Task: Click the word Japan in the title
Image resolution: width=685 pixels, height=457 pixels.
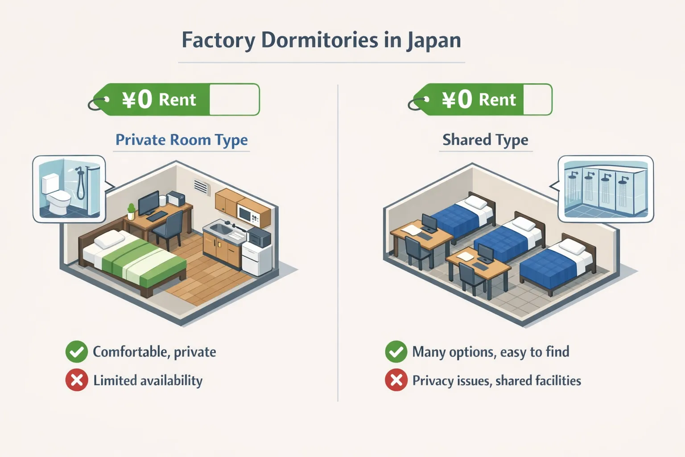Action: point(433,41)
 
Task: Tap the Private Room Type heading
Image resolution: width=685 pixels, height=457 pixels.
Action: point(182,140)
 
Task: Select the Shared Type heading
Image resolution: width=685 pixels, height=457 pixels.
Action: point(485,140)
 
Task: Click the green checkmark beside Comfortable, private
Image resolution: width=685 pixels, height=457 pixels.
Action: point(77,352)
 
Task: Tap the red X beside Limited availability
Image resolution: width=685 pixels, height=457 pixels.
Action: point(77,380)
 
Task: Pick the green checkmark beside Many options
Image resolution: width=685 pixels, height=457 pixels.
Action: point(396,352)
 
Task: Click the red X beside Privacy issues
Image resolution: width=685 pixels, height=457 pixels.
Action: point(396,380)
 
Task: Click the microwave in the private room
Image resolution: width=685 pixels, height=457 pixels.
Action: point(247,214)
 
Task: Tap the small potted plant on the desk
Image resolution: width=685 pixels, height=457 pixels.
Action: point(131,211)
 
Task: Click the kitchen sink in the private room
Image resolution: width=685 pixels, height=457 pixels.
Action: point(219,229)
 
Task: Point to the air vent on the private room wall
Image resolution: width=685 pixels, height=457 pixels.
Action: point(201,187)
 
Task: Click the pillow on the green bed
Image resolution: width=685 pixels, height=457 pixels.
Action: point(109,240)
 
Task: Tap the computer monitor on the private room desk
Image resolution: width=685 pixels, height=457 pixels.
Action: point(149,202)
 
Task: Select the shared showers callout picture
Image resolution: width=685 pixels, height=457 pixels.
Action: point(606,189)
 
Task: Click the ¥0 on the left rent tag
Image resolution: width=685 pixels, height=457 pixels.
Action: point(137,100)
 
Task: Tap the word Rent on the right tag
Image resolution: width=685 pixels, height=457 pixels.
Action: point(497,100)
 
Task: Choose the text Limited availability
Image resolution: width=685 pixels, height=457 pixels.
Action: point(148,381)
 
